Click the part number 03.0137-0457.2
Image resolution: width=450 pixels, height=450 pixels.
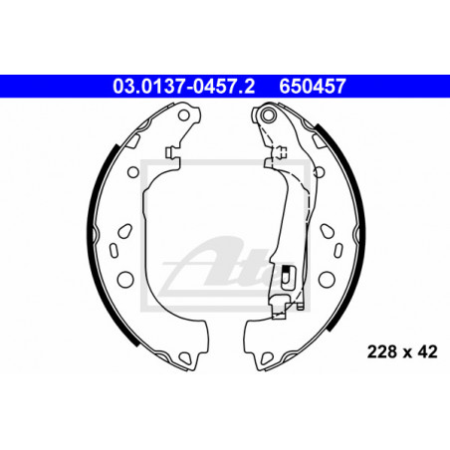(x=183, y=87)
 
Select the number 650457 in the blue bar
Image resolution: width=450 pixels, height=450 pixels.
(x=313, y=87)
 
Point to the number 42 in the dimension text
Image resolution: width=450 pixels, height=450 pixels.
(x=427, y=351)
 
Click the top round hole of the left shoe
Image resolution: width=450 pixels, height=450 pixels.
(x=184, y=115)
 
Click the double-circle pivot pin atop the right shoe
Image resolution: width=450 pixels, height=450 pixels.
(x=268, y=115)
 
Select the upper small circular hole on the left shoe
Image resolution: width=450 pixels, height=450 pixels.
(x=133, y=172)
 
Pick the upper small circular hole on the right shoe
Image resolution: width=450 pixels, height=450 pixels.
(x=319, y=172)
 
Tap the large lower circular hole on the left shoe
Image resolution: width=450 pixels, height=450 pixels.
(x=125, y=279)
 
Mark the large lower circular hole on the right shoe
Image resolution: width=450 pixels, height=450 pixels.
(x=327, y=279)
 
